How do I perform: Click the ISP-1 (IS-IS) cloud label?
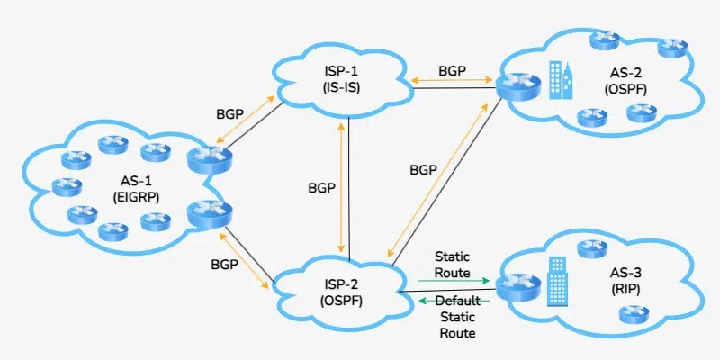coord(341,80)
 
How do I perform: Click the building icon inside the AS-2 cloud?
coord(559,79)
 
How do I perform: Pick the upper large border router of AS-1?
coord(205,159)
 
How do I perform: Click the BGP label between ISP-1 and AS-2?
coord(452,69)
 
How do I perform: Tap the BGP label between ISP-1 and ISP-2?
coord(317,188)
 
